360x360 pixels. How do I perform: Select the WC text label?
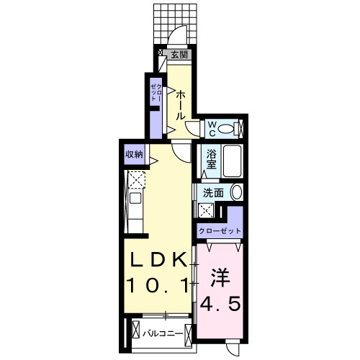click(x=213, y=128)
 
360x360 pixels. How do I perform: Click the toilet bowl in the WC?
click(x=228, y=129)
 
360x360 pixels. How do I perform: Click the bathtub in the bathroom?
click(x=230, y=161)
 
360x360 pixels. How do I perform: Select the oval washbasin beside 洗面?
click(x=235, y=192)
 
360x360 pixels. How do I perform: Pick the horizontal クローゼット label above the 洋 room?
click(x=220, y=232)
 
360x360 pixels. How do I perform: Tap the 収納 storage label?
click(x=134, y=153)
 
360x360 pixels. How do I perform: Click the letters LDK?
click(x=159, y=259)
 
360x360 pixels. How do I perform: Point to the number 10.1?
click(x=159, y=286)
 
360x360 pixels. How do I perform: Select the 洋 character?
click(x=219, y=276)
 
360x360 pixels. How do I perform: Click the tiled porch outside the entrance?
click(x=174, y=22)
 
